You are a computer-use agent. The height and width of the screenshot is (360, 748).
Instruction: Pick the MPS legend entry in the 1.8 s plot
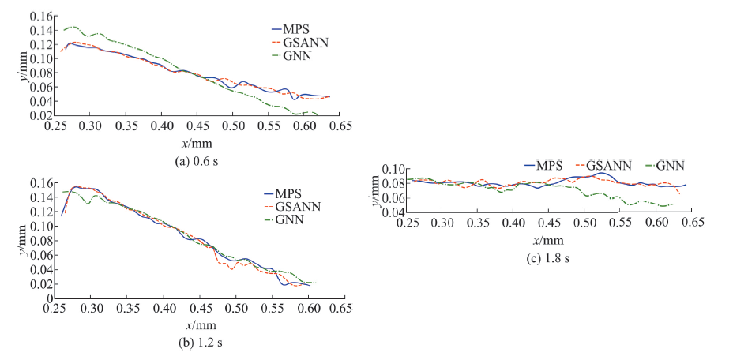(x=545, y=165)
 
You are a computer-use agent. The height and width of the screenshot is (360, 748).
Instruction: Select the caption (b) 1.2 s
(x=193, y=342)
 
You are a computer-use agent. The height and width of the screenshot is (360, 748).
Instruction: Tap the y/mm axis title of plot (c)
(x=375, y=192)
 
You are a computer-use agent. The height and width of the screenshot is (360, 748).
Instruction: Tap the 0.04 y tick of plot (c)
(x=393, y=212)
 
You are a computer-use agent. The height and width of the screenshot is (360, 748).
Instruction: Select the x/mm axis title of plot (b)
(x=197, y=325)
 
